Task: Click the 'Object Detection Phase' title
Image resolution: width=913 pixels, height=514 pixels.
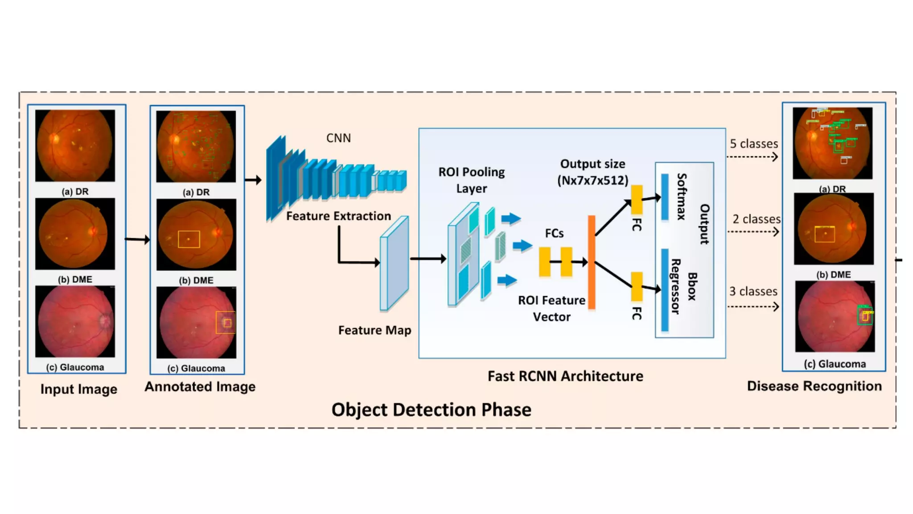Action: pos(431,410)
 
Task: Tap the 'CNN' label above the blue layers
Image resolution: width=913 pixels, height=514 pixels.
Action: pos(338,138)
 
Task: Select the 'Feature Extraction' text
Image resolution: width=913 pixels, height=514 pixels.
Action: pos(338,216)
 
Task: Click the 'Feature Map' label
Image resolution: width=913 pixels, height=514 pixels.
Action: pos(374,330)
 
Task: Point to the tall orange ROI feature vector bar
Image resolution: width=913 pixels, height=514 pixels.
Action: pos(592,262)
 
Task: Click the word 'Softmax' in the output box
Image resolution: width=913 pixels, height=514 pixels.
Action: pos(681,196)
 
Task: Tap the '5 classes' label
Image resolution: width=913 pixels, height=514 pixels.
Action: pos(753,144)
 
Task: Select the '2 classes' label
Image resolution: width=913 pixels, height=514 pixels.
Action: pos(756,219)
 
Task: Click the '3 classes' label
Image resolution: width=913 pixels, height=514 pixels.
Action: pos(753,291)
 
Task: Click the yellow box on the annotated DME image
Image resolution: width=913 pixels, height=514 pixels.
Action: pos(189,239)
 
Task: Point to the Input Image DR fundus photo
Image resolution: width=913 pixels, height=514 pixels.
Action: pos(75,145)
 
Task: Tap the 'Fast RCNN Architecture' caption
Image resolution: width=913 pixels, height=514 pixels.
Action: pos(565,376)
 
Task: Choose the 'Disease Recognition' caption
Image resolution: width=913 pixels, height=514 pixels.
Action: pos(814,386)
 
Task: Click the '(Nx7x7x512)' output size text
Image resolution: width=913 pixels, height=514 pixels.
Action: pos(592,181)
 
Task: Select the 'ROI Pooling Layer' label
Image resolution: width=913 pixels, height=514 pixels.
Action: pos(471,180)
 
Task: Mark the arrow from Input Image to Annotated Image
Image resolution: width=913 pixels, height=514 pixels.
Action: pos(137,240)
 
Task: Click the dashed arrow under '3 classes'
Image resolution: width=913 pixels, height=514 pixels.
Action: pos(753,307)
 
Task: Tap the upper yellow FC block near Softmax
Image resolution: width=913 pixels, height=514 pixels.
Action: pos(637,199)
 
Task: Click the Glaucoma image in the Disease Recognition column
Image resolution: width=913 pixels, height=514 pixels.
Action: pos(835,316)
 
